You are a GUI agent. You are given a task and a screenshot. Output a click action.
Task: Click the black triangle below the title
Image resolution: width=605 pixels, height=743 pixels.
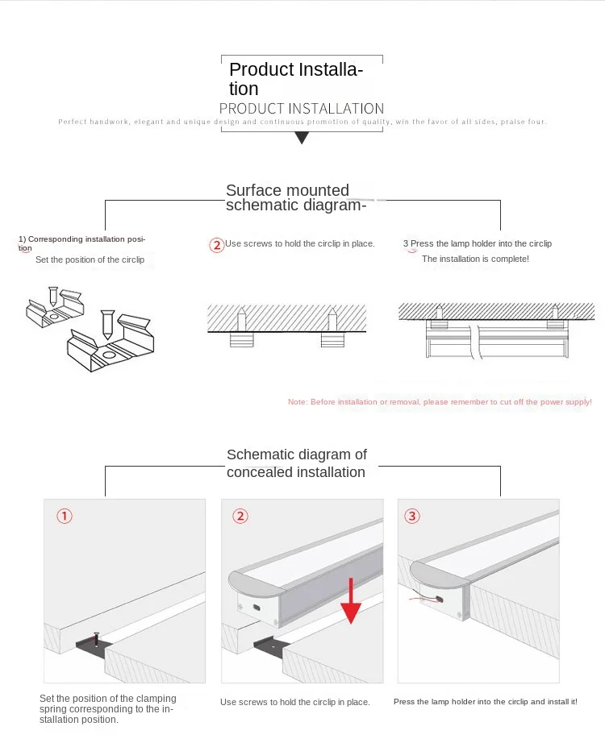click(x=302, y=138)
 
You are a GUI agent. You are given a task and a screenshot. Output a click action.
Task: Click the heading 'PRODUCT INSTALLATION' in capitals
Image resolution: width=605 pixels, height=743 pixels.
click(x=302, y=109)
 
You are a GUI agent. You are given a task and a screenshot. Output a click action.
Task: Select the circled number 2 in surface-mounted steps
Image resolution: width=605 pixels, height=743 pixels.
click(x=216, y=245)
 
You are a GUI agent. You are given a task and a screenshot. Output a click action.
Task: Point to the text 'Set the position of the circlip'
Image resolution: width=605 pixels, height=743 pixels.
click(x=90, y=259)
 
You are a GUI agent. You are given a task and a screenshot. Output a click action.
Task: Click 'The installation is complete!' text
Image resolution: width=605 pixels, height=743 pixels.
click(x=475, y=259)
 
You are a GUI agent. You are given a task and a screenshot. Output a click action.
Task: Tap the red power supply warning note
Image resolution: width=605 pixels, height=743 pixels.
click(x=440, y=401)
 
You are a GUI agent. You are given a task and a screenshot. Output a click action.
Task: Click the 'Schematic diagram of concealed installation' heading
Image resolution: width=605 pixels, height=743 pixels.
click(x=296, y=463)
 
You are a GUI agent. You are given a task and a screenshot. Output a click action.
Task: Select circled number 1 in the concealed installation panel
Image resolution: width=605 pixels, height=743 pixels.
click(x=65, y=516)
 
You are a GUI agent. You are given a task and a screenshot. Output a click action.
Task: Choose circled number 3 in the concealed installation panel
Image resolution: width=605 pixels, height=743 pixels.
click(x=412, y=516)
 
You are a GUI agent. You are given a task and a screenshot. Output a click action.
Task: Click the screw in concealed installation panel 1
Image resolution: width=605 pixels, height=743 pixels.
click(x=96, y=640)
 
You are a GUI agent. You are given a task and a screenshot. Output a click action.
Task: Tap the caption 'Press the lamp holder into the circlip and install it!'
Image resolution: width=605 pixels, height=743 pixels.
click(x=485, y=702)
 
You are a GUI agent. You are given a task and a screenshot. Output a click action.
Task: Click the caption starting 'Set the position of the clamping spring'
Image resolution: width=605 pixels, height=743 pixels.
click(x=107, y=708)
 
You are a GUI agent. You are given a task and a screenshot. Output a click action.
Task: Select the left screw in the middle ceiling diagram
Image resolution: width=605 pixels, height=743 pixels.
click(x=240, y=320)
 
